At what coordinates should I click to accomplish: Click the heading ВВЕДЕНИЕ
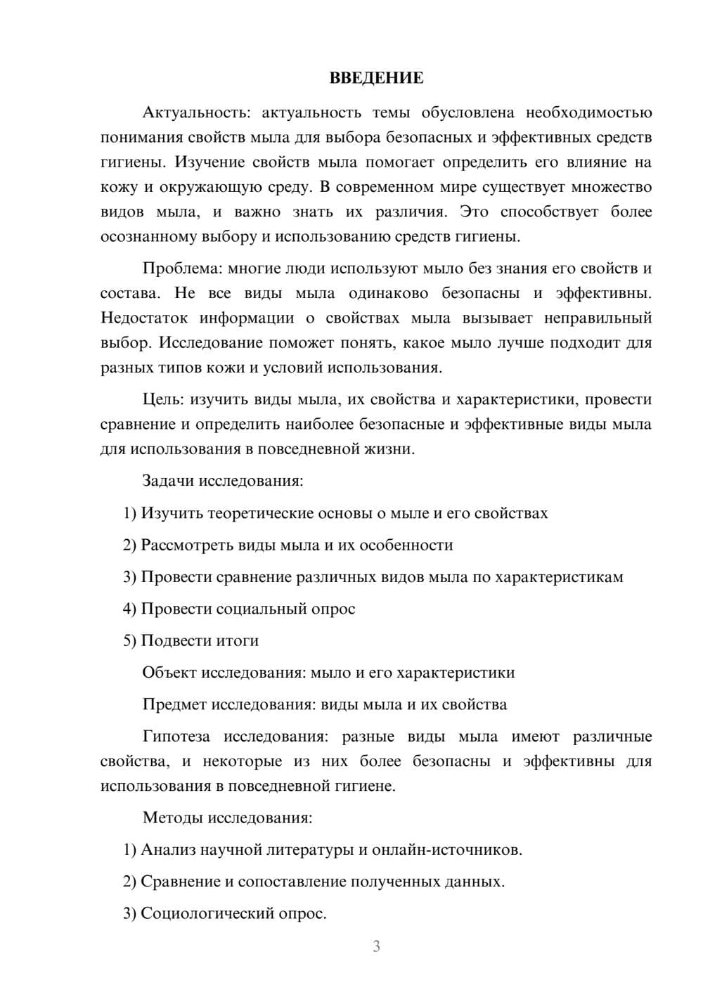click(376, 78)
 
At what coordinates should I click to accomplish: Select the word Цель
click(162, 400)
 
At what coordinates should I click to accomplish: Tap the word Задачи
click(168, 482)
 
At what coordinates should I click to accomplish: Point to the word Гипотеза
click(176, 737)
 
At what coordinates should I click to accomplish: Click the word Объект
click(169, 673)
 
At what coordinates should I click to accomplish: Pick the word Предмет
click(175, 704)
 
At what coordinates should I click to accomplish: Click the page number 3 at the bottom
click(376, 946)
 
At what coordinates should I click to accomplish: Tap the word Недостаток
click(144, 318)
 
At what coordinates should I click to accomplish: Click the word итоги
click(236, 641)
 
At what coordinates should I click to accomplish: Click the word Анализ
click(166, 850)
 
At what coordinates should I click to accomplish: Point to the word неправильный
click(598, 318)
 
